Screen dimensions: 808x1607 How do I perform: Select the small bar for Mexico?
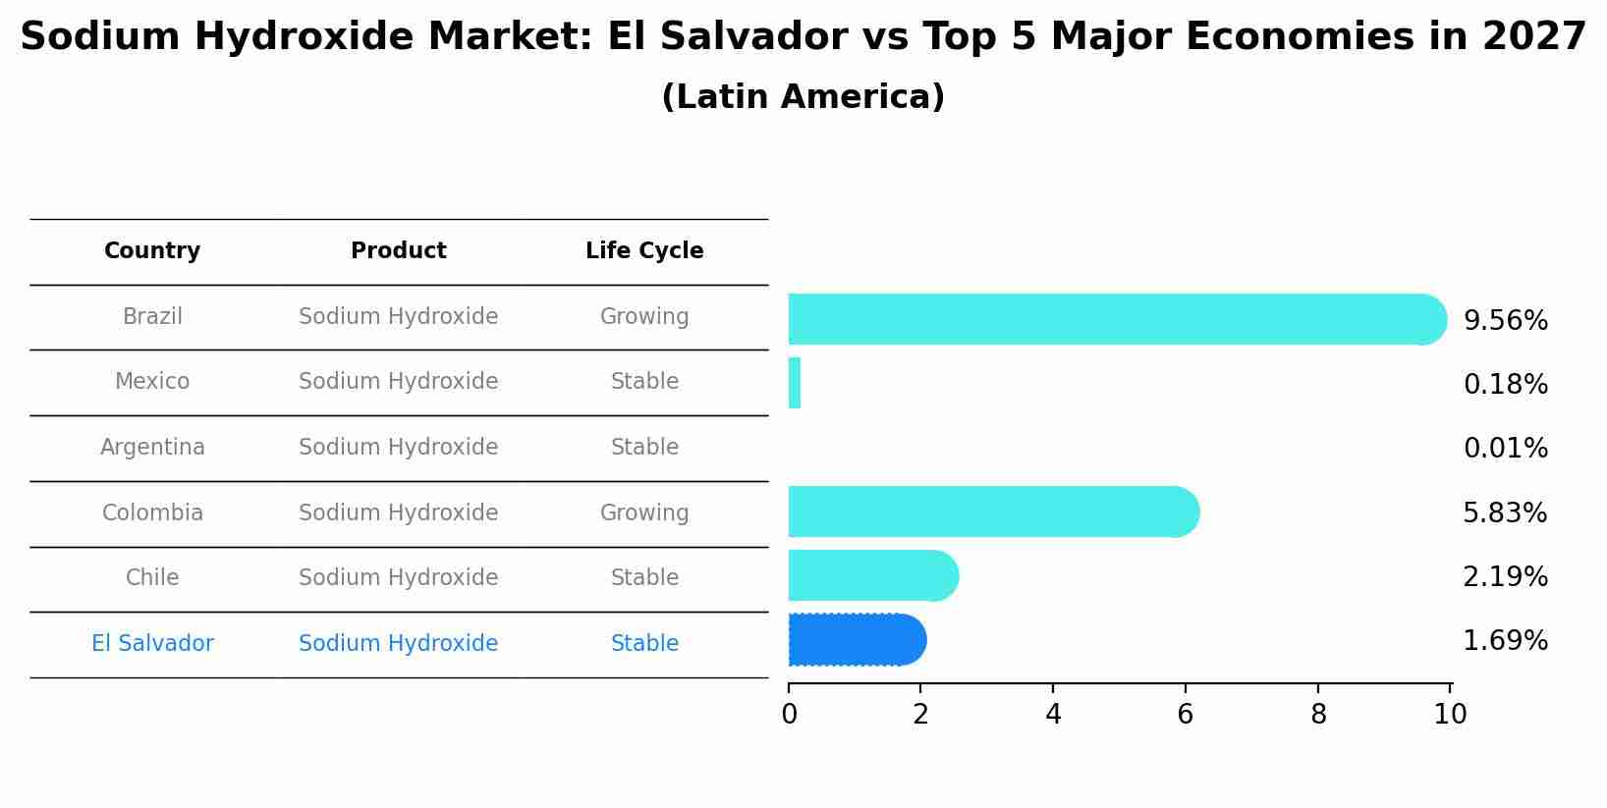(x=795, y=383)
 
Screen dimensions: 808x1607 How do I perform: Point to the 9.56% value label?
(x=1505, y=321)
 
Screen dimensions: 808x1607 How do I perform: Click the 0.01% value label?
(x=1505, y=449)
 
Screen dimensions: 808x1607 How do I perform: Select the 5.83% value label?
(x=1505, y=512)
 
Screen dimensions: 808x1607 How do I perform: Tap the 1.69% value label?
(x=1505, y=641)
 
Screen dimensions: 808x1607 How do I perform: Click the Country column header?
(x=152, y=251)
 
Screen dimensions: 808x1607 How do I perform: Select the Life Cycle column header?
(x=644, y=251)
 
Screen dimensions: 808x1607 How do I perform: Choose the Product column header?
(x=399, y=251)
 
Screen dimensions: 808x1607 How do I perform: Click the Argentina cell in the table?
(x=152, y=448)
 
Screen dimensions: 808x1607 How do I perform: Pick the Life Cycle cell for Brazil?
(x=644, y=317)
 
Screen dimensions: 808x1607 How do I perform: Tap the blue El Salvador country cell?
(x=152, y=644)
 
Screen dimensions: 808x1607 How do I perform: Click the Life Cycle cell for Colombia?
(x=644, y=513)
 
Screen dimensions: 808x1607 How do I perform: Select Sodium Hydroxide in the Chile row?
(x=399, y=578)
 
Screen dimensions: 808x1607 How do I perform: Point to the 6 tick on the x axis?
(x=1186, y=715)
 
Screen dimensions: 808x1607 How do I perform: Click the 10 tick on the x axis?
(x=1450, y=715)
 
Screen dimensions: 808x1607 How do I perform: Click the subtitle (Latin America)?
(x=803, y=97)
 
